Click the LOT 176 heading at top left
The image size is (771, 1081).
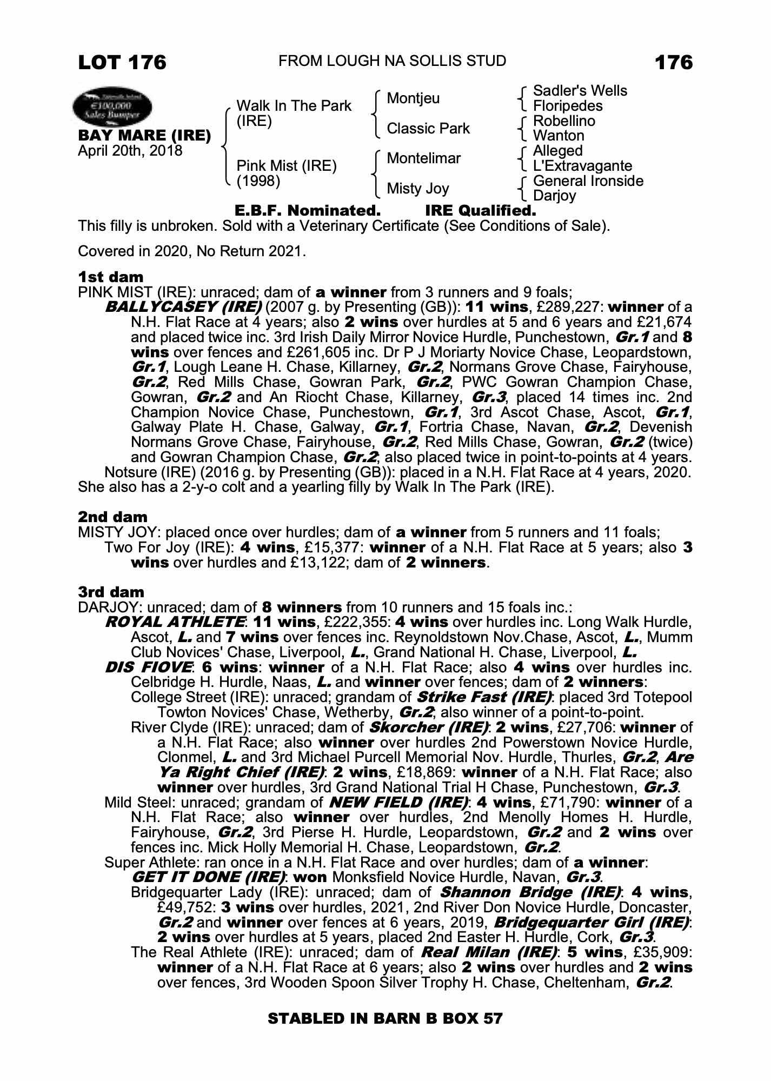(122, 62)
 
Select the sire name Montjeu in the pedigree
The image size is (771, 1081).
(413, 98)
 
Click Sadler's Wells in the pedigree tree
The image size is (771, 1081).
(580, 91)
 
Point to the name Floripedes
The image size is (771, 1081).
(567, 106)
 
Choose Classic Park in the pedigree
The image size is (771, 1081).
(428, 129)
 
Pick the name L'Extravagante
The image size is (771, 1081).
(582, 165)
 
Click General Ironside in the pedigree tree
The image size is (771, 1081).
(588, 181)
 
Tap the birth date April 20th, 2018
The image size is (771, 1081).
(130, 150)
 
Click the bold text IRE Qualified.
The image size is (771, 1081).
(481, 211)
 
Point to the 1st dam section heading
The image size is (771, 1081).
(111, 277)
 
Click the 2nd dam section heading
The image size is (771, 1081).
(112, 517)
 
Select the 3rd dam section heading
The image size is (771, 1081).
(111, 592)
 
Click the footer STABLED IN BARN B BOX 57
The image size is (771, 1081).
(385, 1019)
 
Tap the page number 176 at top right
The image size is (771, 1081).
(673, 62)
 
